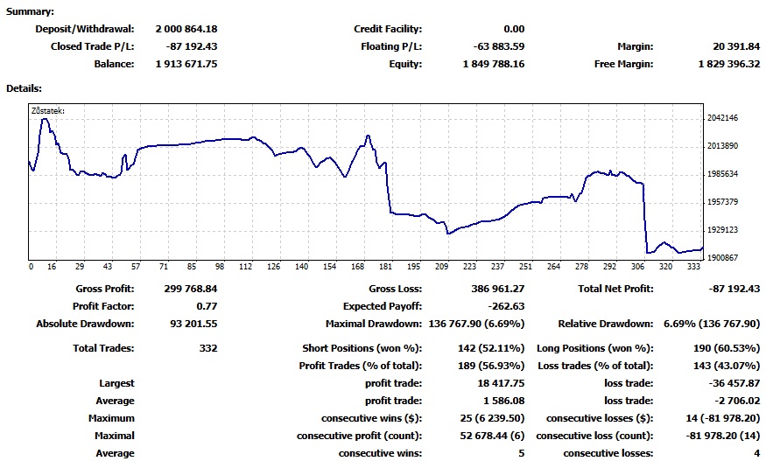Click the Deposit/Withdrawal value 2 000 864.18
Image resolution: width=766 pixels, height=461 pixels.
click(186, 29)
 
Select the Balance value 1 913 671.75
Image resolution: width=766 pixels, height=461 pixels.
click(186, 64)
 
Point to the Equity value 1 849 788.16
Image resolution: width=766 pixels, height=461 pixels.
click(484, 64)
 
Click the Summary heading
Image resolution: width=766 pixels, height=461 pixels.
click(30, 11)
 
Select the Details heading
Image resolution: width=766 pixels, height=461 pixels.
click(24, 88)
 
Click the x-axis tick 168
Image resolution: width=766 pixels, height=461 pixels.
click(357, 267)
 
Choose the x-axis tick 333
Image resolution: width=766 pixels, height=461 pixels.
click(693, 267)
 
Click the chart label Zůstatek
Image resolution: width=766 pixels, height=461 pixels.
click(47, 111)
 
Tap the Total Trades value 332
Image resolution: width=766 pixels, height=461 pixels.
click(207, 348)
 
